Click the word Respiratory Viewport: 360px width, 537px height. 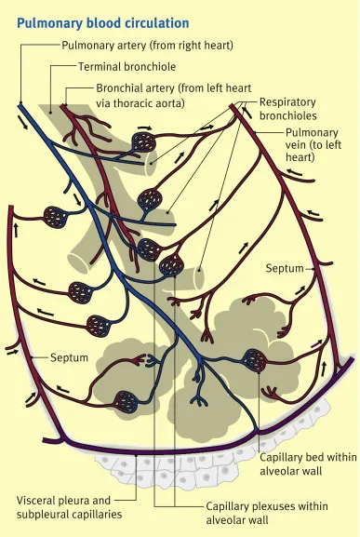[287, 101]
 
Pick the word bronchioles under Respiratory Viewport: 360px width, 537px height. [288, 116]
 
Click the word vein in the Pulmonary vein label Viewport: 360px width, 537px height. [300, 146]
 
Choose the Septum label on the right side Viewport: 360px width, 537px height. [285, 268]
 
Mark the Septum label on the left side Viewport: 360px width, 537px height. [70, 356]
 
